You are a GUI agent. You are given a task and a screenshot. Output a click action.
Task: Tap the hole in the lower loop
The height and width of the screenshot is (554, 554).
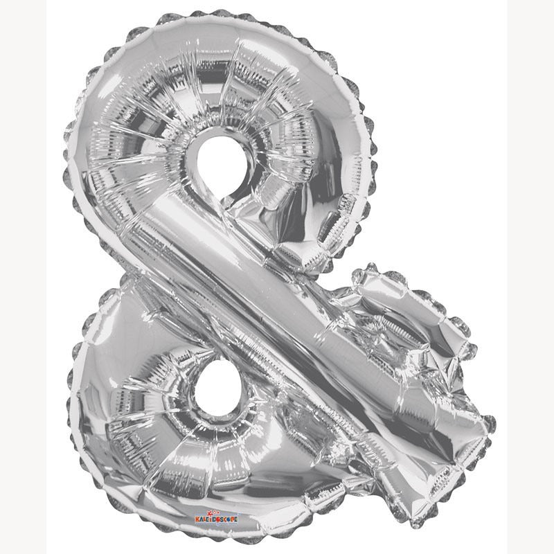click(212, 390)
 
